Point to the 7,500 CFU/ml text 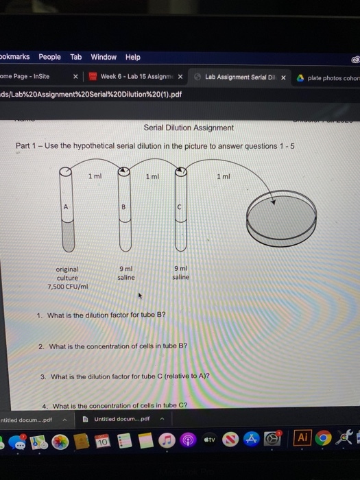pos(68,287)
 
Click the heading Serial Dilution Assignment pos(189,128)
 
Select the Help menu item pos(132,57)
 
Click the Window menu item pos(104,57)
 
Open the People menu pos(49,57)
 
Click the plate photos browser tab pos(332,77)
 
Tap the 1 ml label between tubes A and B pos(95,176)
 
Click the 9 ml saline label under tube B pos(126,273)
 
